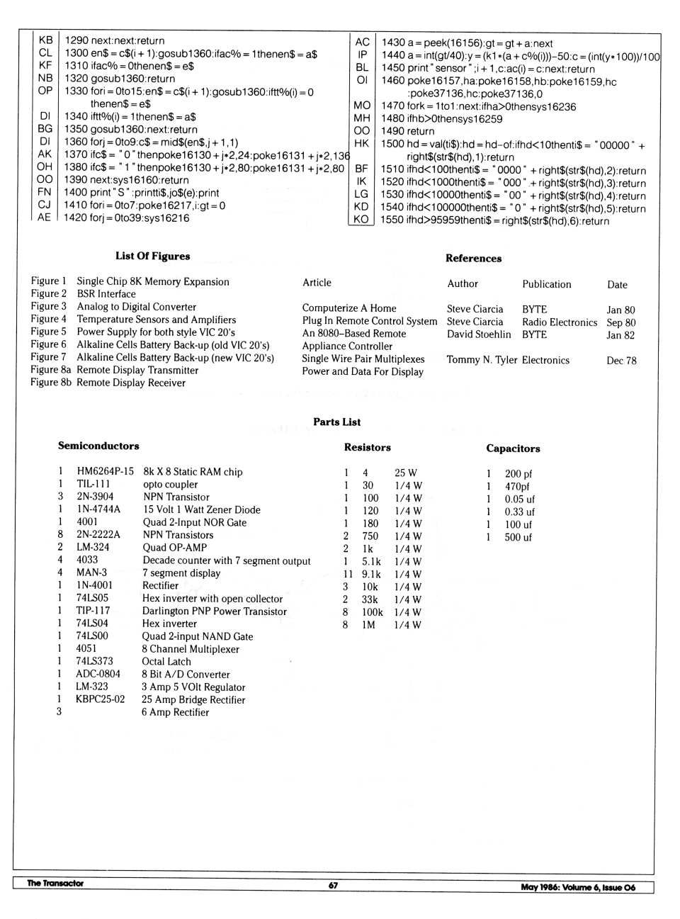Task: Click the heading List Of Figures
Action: pos(152,256)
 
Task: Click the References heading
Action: pos(473,258)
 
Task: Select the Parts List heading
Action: pos(336,422)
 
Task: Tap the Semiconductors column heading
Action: pos(98,446)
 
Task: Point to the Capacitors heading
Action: pos(513,448)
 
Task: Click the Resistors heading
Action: pos(367,447)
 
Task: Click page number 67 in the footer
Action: pos(333,885)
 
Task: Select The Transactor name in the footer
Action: pos(55,884)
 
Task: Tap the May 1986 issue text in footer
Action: pos(578,887)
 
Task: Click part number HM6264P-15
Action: pos(105,471)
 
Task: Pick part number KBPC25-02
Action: pos(100,699)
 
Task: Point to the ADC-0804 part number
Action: pos(98,674)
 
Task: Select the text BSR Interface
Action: pos(106,294)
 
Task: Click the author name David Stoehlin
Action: pos(479,334)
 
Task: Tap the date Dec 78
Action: pos(621,360)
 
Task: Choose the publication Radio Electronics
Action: pos(560,322)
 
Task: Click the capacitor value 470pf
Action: pos(517,486)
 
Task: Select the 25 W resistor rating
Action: pos(405,473)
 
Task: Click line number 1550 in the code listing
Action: pos(392,221)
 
